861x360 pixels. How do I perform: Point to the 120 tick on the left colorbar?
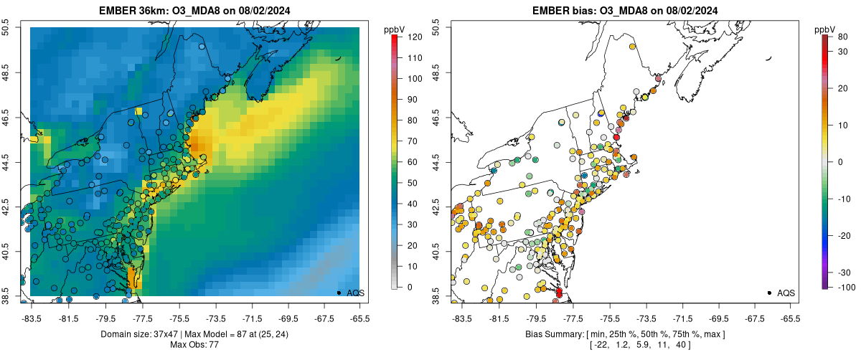point(415,37)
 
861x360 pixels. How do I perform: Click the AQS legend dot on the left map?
point(339,293)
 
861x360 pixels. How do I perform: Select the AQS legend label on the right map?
point(786,293)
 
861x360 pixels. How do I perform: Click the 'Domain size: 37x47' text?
point(140,334)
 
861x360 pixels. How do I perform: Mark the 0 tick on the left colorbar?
point(410,287)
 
